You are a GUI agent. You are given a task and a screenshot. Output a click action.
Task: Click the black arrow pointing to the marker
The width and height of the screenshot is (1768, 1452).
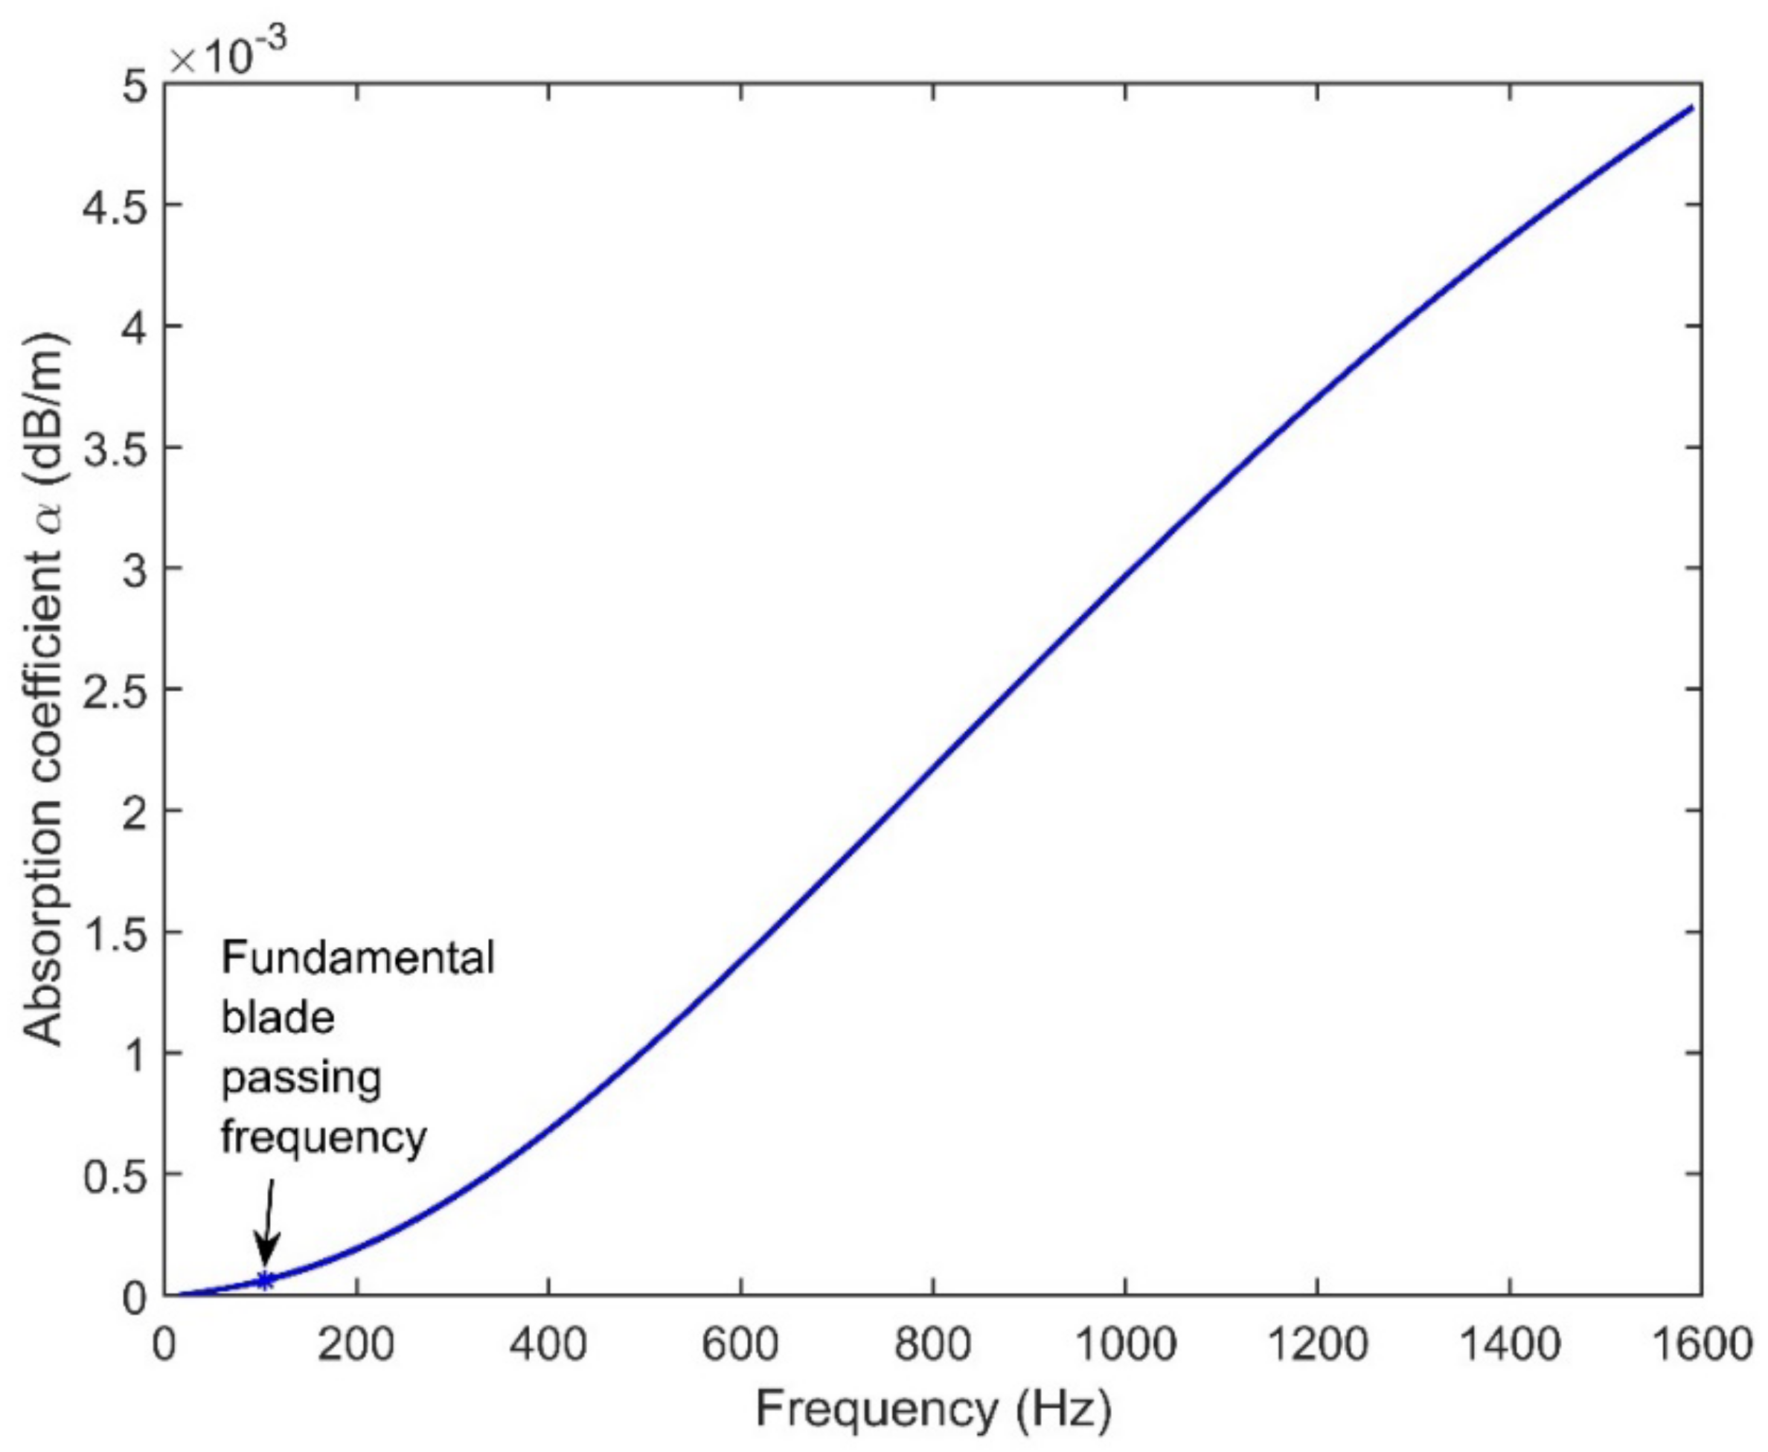(x=268, y=1226)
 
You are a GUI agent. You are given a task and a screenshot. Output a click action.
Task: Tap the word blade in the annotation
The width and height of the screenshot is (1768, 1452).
(x=278, y=1018)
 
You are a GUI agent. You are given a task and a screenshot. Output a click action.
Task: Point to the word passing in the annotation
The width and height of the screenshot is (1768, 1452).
(x=301, y=1078)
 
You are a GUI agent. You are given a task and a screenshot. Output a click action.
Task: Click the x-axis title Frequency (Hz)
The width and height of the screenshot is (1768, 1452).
(x=933, y=1409)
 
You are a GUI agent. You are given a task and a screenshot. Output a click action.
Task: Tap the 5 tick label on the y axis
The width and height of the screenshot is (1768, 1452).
(x=134, y=85)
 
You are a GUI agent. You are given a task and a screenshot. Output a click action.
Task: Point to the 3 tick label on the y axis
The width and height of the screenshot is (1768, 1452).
(x=134, y=569)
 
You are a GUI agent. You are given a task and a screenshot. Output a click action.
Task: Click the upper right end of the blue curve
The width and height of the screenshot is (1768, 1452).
(x=1692, y=108)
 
